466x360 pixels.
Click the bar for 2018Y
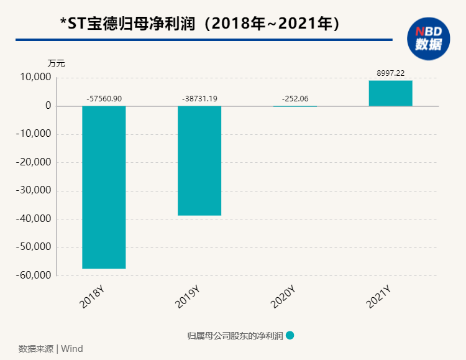[104, 187]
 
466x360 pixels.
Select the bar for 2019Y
[199, 160]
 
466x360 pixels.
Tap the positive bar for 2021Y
[390, 93]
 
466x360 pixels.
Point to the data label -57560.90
[104, 99]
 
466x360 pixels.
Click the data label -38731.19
[199, 99]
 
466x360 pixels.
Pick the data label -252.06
[295, 99]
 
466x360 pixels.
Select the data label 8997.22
[390, 73]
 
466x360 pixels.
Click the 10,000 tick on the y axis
[35, 78]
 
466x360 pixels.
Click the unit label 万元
[56, 63]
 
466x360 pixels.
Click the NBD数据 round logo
[428, 38]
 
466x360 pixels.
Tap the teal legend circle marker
[290, 335]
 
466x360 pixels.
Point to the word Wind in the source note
[73, 349]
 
